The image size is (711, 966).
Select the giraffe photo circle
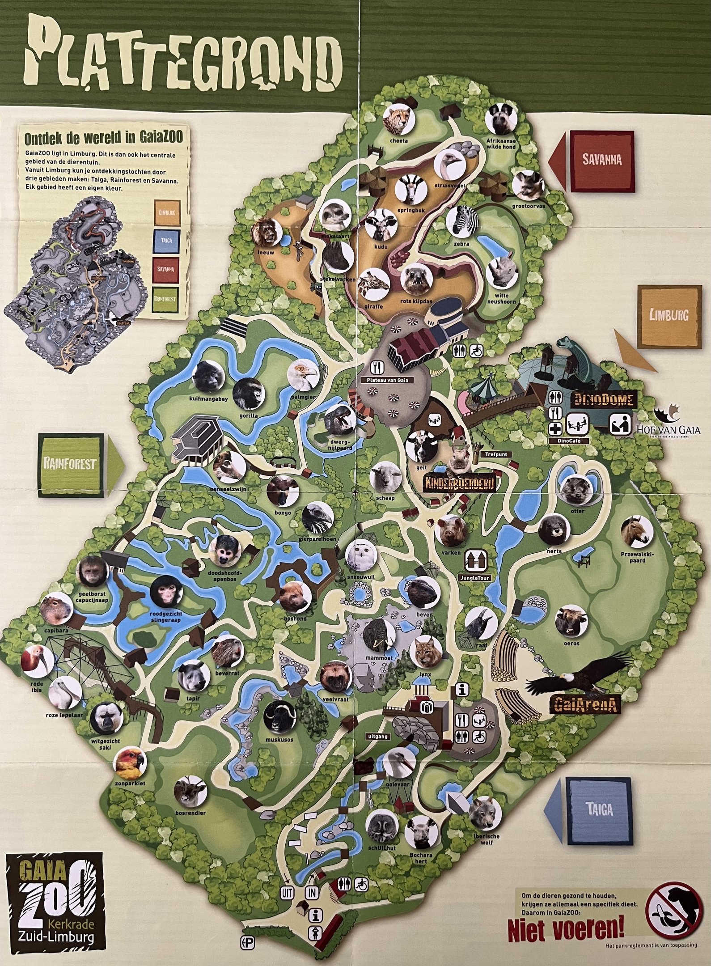coord(375,285)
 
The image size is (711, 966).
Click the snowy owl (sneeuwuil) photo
coord(361,557)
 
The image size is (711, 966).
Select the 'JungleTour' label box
coord(475,578)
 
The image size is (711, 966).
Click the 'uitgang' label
coord(372,736)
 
